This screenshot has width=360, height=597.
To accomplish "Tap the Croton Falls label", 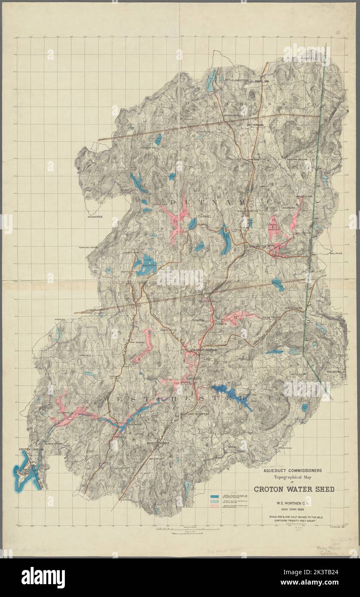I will click(209, 302).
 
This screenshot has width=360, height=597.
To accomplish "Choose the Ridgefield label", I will click(336, 372).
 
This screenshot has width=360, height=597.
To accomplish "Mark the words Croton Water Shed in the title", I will click(294, 489).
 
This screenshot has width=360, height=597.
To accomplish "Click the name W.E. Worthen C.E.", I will click(294, 503).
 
